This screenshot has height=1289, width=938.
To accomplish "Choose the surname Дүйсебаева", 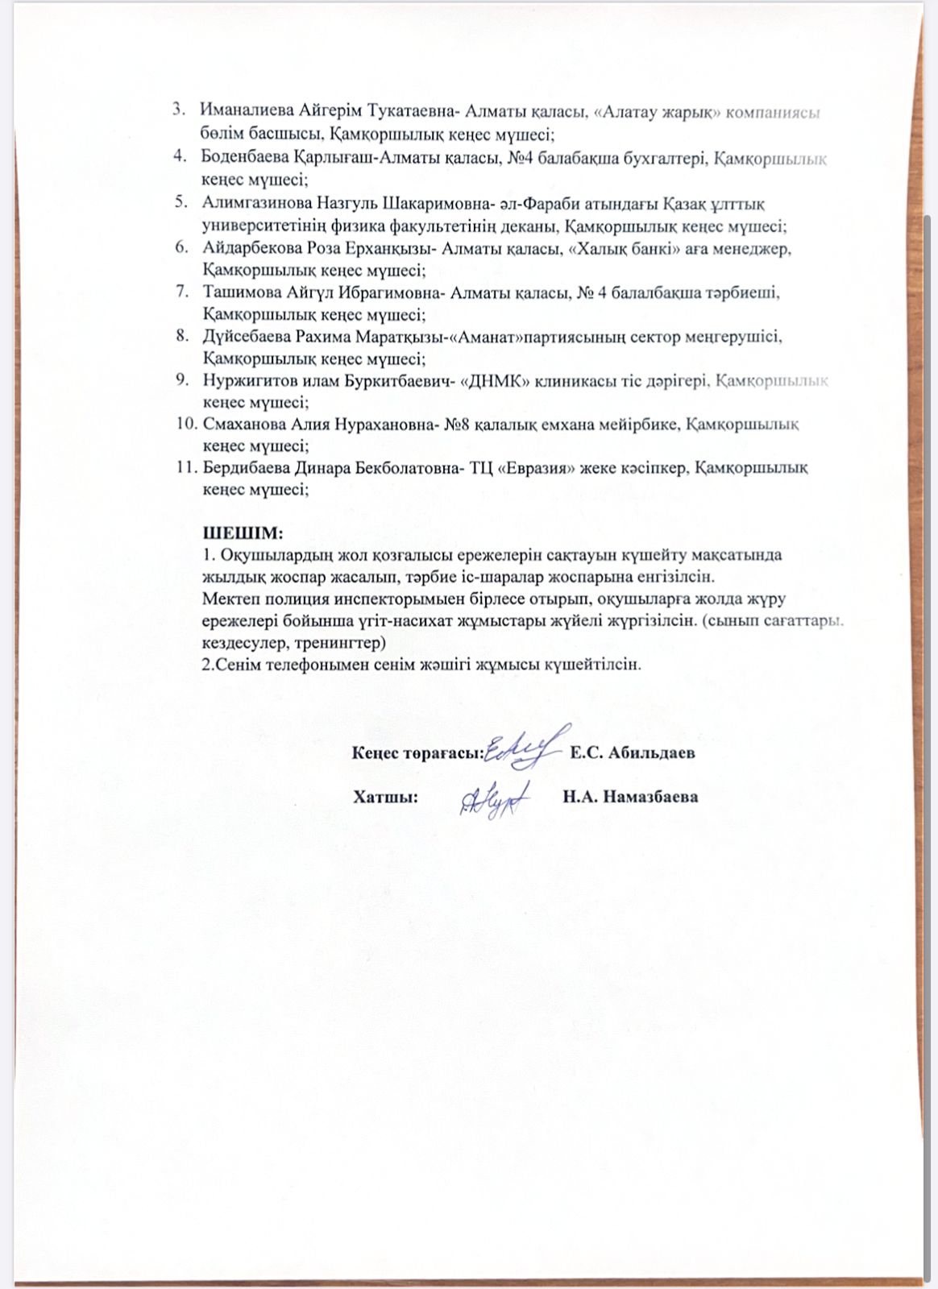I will pyautogui.click(x=247, y=337).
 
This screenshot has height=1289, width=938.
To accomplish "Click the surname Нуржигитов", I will pyautogui.click(x=245, y=380).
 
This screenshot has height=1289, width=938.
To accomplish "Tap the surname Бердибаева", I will pyautogui.click(x=245, y=467).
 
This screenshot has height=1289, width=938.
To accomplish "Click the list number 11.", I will pyautogui.click(x=186, y=467).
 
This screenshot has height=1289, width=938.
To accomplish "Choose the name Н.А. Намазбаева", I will pyautogui.click(x=630, y=798).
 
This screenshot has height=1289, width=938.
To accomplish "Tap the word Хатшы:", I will pyautogui.click(x=385, y=798).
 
